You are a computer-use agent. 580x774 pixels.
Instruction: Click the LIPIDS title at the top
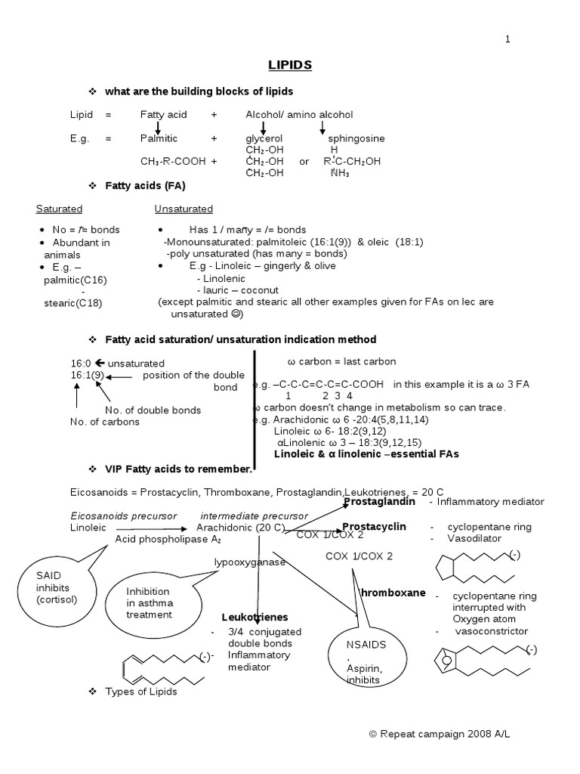pos(290,65)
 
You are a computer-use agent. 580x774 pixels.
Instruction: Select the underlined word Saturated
pos(59,209)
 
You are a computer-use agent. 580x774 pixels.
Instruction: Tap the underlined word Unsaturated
pos(184,209)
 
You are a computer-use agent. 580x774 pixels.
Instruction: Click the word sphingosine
pos(356,138)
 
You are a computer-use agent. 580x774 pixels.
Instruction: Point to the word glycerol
pos(264,138)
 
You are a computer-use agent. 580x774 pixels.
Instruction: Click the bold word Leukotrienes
pos(255,617)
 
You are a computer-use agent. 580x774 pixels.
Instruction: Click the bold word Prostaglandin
pos(380,502)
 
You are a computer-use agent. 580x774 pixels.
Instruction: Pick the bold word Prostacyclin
pos(375,526)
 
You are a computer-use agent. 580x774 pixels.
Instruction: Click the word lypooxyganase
pos(249,562)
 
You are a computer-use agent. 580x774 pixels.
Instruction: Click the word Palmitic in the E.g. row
pos(159,138)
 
